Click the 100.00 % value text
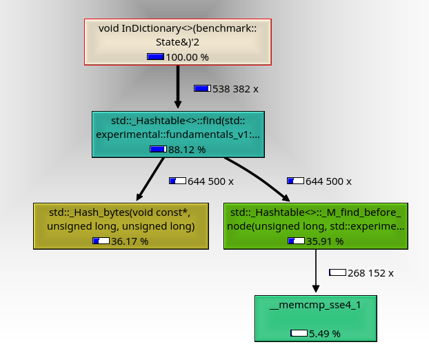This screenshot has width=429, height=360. (187, 57)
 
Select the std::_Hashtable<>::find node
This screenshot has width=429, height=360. (178, 127)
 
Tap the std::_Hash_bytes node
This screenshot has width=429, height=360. (121, 219)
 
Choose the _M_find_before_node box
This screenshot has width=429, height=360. (315, 219)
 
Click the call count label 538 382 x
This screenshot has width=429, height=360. (235, 89)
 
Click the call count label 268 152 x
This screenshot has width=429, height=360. (370, 273)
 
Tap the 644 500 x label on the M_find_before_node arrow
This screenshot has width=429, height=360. (328, 181)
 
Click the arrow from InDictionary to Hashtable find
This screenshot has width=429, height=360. (178, 87)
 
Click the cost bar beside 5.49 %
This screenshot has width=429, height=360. (299, 334)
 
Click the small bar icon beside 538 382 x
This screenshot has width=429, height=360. (202, 89)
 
